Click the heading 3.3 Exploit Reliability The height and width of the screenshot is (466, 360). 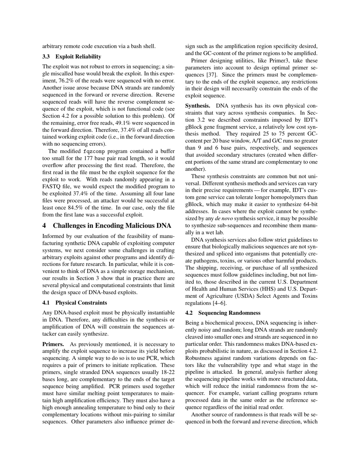[x=72, y=56]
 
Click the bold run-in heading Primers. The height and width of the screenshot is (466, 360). [x=53, y=344]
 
